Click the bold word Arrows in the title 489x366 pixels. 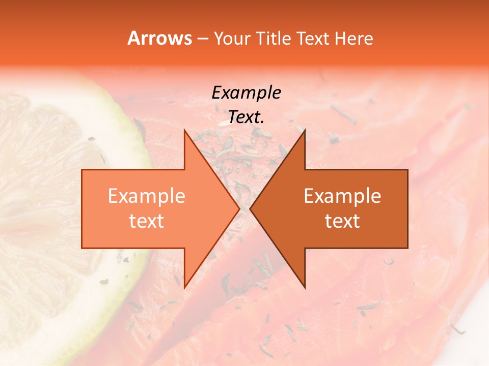tap(159, 38)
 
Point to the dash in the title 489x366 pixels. tap(202, 39)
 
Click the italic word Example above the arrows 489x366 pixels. tap(246, 93)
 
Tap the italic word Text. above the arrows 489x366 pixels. tap(246, 117)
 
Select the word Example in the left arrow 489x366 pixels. tap(146, 196)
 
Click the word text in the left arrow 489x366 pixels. tap(146, 221)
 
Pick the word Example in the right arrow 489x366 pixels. tap(342, 196)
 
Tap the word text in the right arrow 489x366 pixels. tap(342, 221)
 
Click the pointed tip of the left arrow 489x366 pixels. tap(238, 208)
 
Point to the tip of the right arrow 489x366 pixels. tap(251, 208)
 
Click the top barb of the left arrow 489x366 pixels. tap(185, 133)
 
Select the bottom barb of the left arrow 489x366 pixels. tap(185, 285)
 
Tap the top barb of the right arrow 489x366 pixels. tap(304, 133)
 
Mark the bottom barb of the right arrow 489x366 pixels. tap(304, 285)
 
